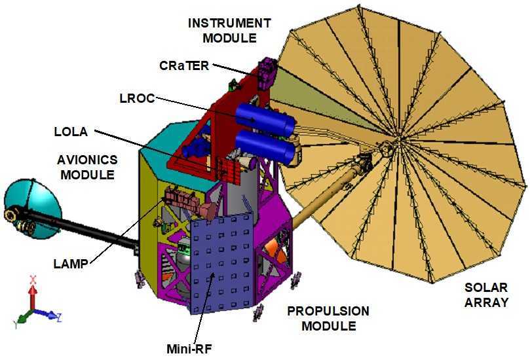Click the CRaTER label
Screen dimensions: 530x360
[184, 65]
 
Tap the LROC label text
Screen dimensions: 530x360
[137, 98]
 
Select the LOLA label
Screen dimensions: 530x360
[71, 132]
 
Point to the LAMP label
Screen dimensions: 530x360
[71, 264]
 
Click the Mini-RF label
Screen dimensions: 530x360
[189, 349]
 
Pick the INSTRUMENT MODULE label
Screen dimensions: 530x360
[229, 30]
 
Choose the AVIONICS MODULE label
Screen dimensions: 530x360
[87, 167]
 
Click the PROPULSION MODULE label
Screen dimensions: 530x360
[328, 319]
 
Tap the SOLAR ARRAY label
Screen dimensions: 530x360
[486, 295]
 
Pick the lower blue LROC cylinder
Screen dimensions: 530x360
[265, 147]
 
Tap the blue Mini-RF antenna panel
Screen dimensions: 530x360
[222, 263]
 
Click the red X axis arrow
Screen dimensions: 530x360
[33, 293]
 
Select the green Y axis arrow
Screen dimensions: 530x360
[24, 316]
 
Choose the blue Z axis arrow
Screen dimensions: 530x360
[47, 314]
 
